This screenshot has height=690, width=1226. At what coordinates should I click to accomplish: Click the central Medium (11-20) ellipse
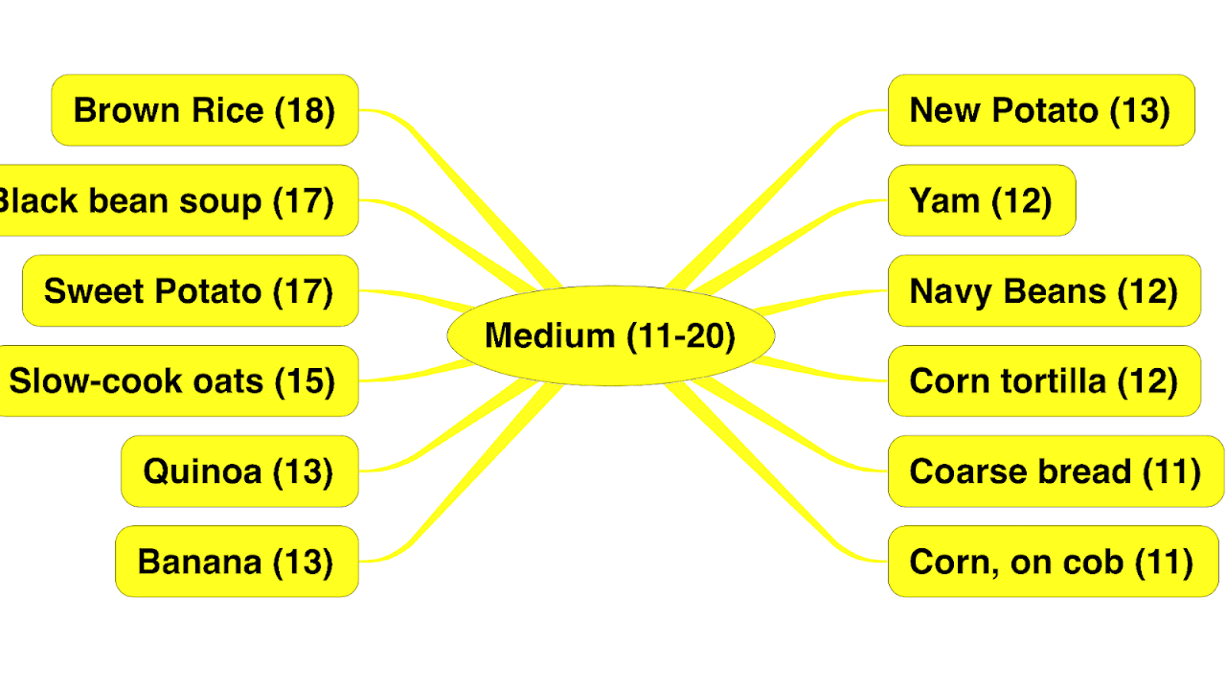(610, 336)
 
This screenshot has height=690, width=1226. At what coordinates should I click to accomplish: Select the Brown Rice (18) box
(205, 110)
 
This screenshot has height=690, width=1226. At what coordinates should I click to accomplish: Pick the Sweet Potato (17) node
(190, 290)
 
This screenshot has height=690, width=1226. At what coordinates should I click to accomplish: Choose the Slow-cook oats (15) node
(178, 381)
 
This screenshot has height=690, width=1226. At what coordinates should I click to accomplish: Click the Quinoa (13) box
(239, 471)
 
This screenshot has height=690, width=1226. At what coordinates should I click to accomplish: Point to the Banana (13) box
(237, 562)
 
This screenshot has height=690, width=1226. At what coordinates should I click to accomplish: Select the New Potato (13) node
(1041, 110)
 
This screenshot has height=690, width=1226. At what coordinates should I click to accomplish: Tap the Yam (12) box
(982, 200)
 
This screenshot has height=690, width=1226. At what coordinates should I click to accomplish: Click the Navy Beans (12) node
(1044, 290)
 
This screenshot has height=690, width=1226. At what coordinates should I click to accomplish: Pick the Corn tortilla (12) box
(1044, 381)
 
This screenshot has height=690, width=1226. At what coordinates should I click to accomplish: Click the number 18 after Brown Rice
(306, 110)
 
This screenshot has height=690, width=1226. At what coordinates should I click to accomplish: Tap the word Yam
(944, 201)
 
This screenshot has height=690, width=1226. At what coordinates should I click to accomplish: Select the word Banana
(199, 562)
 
